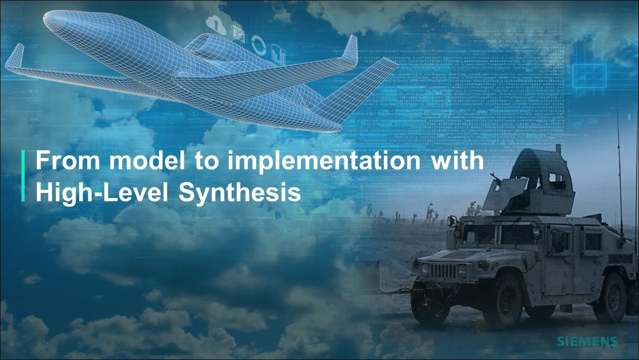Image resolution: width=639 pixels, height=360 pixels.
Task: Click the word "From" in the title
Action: tap(68, 162)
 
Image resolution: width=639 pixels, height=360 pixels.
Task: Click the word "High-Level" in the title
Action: tap(102, 192)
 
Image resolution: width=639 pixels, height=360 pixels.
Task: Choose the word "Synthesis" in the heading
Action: tap(240, 193)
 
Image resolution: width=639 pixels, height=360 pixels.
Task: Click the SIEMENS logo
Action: tap(587, 342)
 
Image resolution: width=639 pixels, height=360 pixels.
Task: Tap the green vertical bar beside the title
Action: tap(23, 176)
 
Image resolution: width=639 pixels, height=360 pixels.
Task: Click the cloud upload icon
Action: tap(216, 24)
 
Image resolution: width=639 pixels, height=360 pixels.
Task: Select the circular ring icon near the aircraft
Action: tap(259, 45)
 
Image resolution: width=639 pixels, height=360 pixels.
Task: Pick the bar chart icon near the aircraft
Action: tap(279, 54)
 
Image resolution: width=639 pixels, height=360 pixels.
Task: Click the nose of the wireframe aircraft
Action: tap(46, 19)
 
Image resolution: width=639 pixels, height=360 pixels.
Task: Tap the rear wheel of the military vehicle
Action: tap(612, 298)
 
